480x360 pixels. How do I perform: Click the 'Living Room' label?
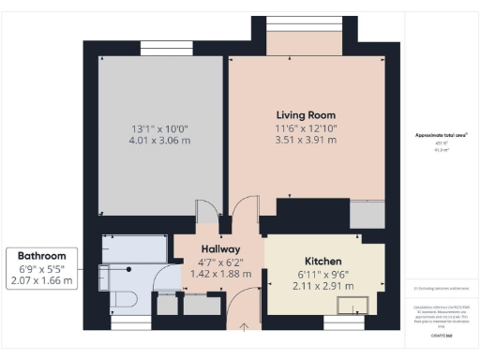306,114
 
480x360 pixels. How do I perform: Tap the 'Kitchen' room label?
322,260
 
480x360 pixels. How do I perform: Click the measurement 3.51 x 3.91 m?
306,142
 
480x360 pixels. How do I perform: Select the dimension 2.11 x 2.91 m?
322,286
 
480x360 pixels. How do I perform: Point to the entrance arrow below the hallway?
246,327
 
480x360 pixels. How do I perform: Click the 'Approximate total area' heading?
442,135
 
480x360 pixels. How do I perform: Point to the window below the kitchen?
343,322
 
